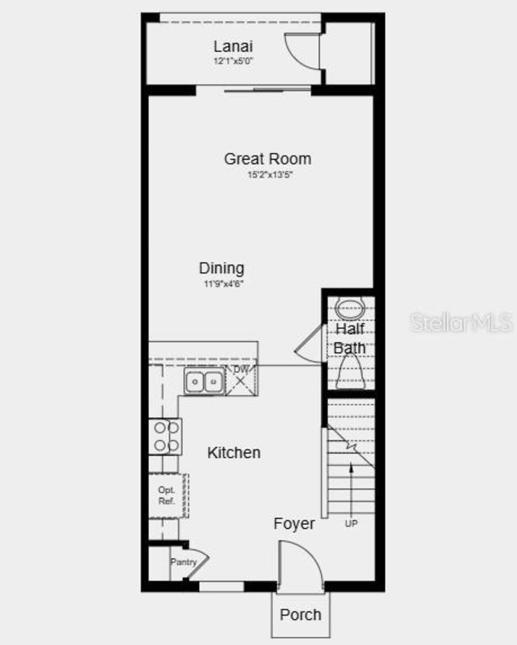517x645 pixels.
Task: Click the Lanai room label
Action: (233, 46)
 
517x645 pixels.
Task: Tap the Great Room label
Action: (267, 159)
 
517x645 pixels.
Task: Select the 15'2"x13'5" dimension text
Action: (270, 175)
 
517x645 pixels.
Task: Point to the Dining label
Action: (221, 268)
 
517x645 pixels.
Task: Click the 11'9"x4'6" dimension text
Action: (223, 284)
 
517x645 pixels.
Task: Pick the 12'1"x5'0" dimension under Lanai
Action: (233, 61)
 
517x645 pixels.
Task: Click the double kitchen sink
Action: (204, 381)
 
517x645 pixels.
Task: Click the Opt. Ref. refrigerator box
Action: (167, 496)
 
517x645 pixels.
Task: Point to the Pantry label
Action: (183, 562)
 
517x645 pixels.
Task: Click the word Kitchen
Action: (233, 453)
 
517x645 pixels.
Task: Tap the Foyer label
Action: (294, 524)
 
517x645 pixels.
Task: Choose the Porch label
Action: (301, 615)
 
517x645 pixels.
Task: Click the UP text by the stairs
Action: (351, 524)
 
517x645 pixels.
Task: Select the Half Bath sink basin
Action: (350, 309)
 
